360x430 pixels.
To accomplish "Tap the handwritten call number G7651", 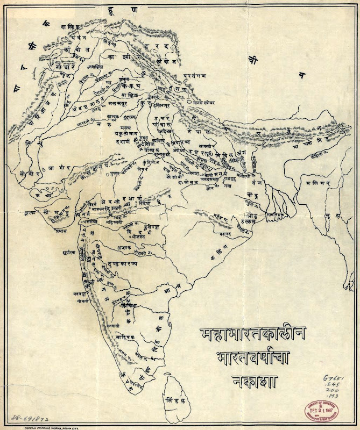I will (x=336, y=380).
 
